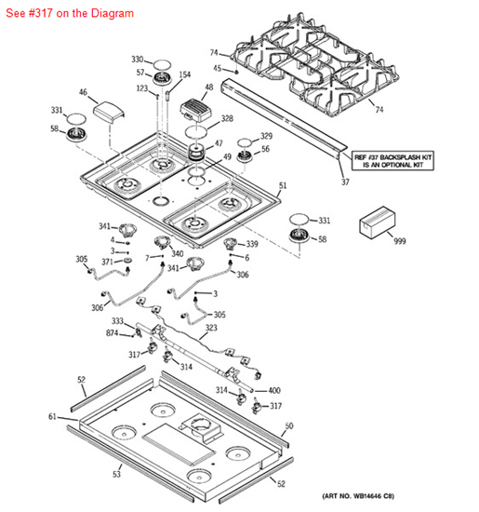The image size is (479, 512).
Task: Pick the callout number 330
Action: tap(138, 59)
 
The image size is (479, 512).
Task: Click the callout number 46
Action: tap(83, 92)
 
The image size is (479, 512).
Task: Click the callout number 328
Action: tap(227, 119)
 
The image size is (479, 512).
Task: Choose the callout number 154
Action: tap(184, 74)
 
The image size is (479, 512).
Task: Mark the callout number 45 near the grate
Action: tap(218, 67)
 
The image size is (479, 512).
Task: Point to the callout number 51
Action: tap(284, 186)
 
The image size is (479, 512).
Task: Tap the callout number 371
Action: tap(107, 263)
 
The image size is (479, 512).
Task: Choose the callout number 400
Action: tap(274, 391)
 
